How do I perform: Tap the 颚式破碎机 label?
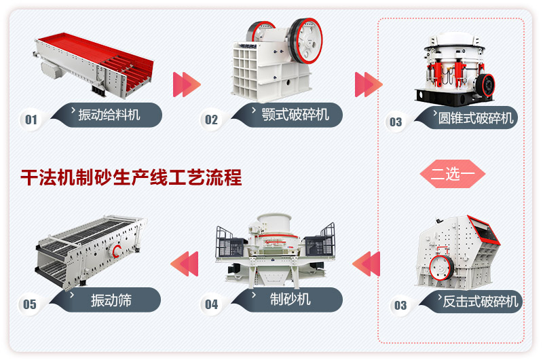click(x=295, y=114)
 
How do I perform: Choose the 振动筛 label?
click(x=111, y=300)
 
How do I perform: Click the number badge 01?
click(x=31, y=120)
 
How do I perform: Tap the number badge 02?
click(x=212, y=120)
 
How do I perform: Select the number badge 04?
click(x=212, y=304)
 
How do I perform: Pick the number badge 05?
click(x=30, y=304)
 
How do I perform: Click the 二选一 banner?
click(x=452, y=174)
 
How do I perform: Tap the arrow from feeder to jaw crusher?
click(x=187, y=84)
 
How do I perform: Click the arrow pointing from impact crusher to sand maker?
click(x=367, y=263)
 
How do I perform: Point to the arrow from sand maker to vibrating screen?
click(x=184, y=263)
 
